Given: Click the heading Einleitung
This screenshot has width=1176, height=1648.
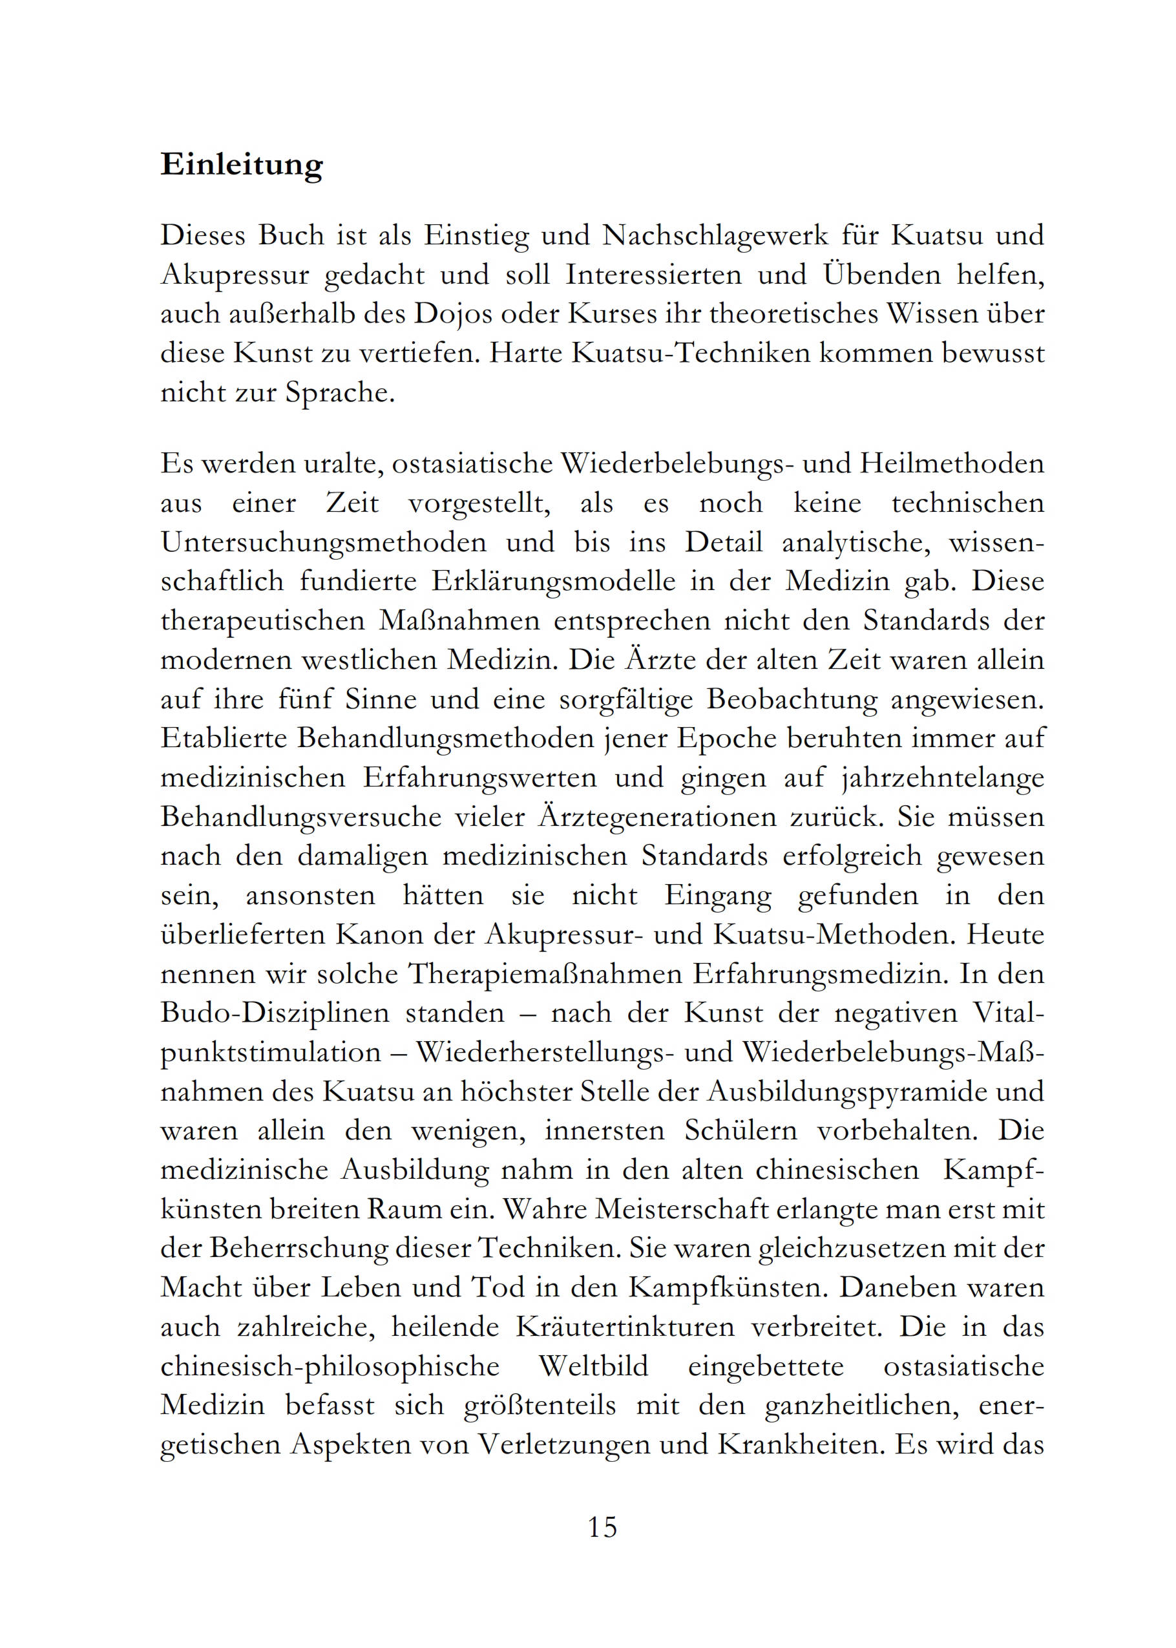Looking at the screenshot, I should [x=241, y=165].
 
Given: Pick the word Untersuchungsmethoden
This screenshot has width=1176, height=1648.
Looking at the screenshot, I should [x=324, y=542].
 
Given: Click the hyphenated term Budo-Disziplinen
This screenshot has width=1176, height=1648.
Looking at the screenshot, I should [x=275, y=1012].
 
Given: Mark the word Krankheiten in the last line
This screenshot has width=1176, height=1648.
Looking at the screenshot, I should [x=799, y=1443].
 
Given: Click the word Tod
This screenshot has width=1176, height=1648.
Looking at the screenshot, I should [x=497, y=1287].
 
